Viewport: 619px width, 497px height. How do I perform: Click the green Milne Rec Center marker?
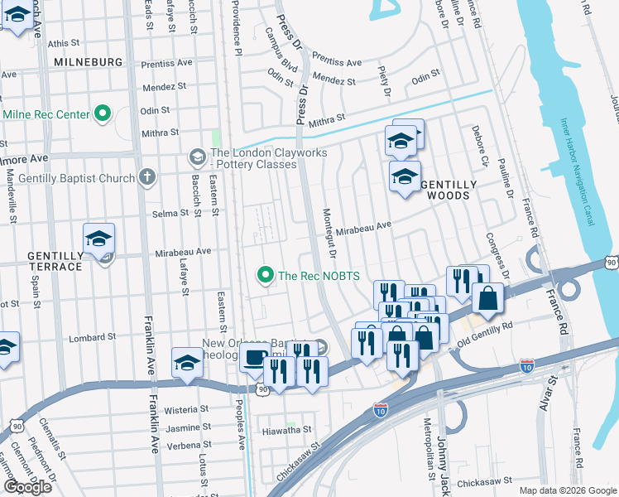pos(103,113)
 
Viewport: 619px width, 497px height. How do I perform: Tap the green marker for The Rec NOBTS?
pos(266,275)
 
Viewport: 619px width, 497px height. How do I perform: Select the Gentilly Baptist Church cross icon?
pos(147,176)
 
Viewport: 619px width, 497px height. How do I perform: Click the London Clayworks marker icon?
pos(197,156)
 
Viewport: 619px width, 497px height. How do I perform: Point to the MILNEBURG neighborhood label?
pos(87,62)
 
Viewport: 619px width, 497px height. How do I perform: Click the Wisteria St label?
pos(186,409)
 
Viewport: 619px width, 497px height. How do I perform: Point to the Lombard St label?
pos(92,338)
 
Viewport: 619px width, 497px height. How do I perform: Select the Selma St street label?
pos(170,214)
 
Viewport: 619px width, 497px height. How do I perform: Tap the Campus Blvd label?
pos(281,49)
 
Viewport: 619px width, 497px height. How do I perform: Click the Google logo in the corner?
pos(27,486)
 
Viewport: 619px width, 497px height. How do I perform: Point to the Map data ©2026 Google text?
pos(567,490)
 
